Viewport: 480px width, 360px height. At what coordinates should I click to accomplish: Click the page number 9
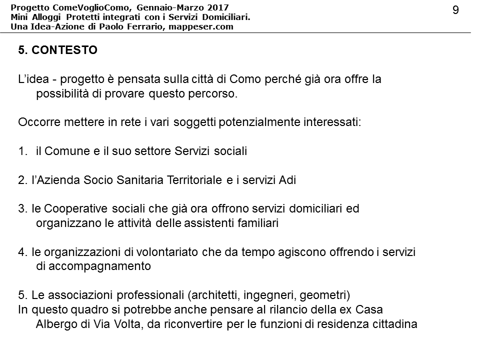point(455,10)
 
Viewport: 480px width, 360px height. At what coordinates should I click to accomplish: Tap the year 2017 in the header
point(218,7)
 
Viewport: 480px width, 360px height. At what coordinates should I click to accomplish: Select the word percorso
point(211,94)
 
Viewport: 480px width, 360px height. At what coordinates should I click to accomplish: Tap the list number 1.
point(22,151)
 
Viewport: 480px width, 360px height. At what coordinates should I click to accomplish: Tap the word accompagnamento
point(100,266)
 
